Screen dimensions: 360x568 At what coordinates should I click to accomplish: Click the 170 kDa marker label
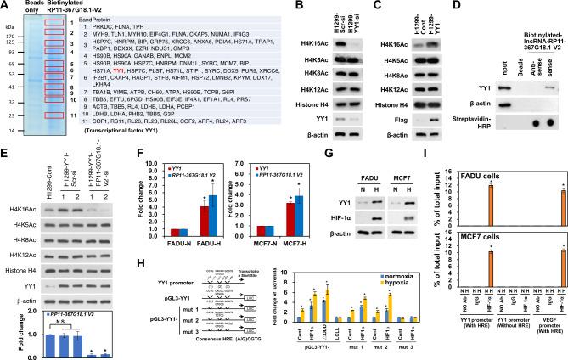(x=11, y=38)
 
